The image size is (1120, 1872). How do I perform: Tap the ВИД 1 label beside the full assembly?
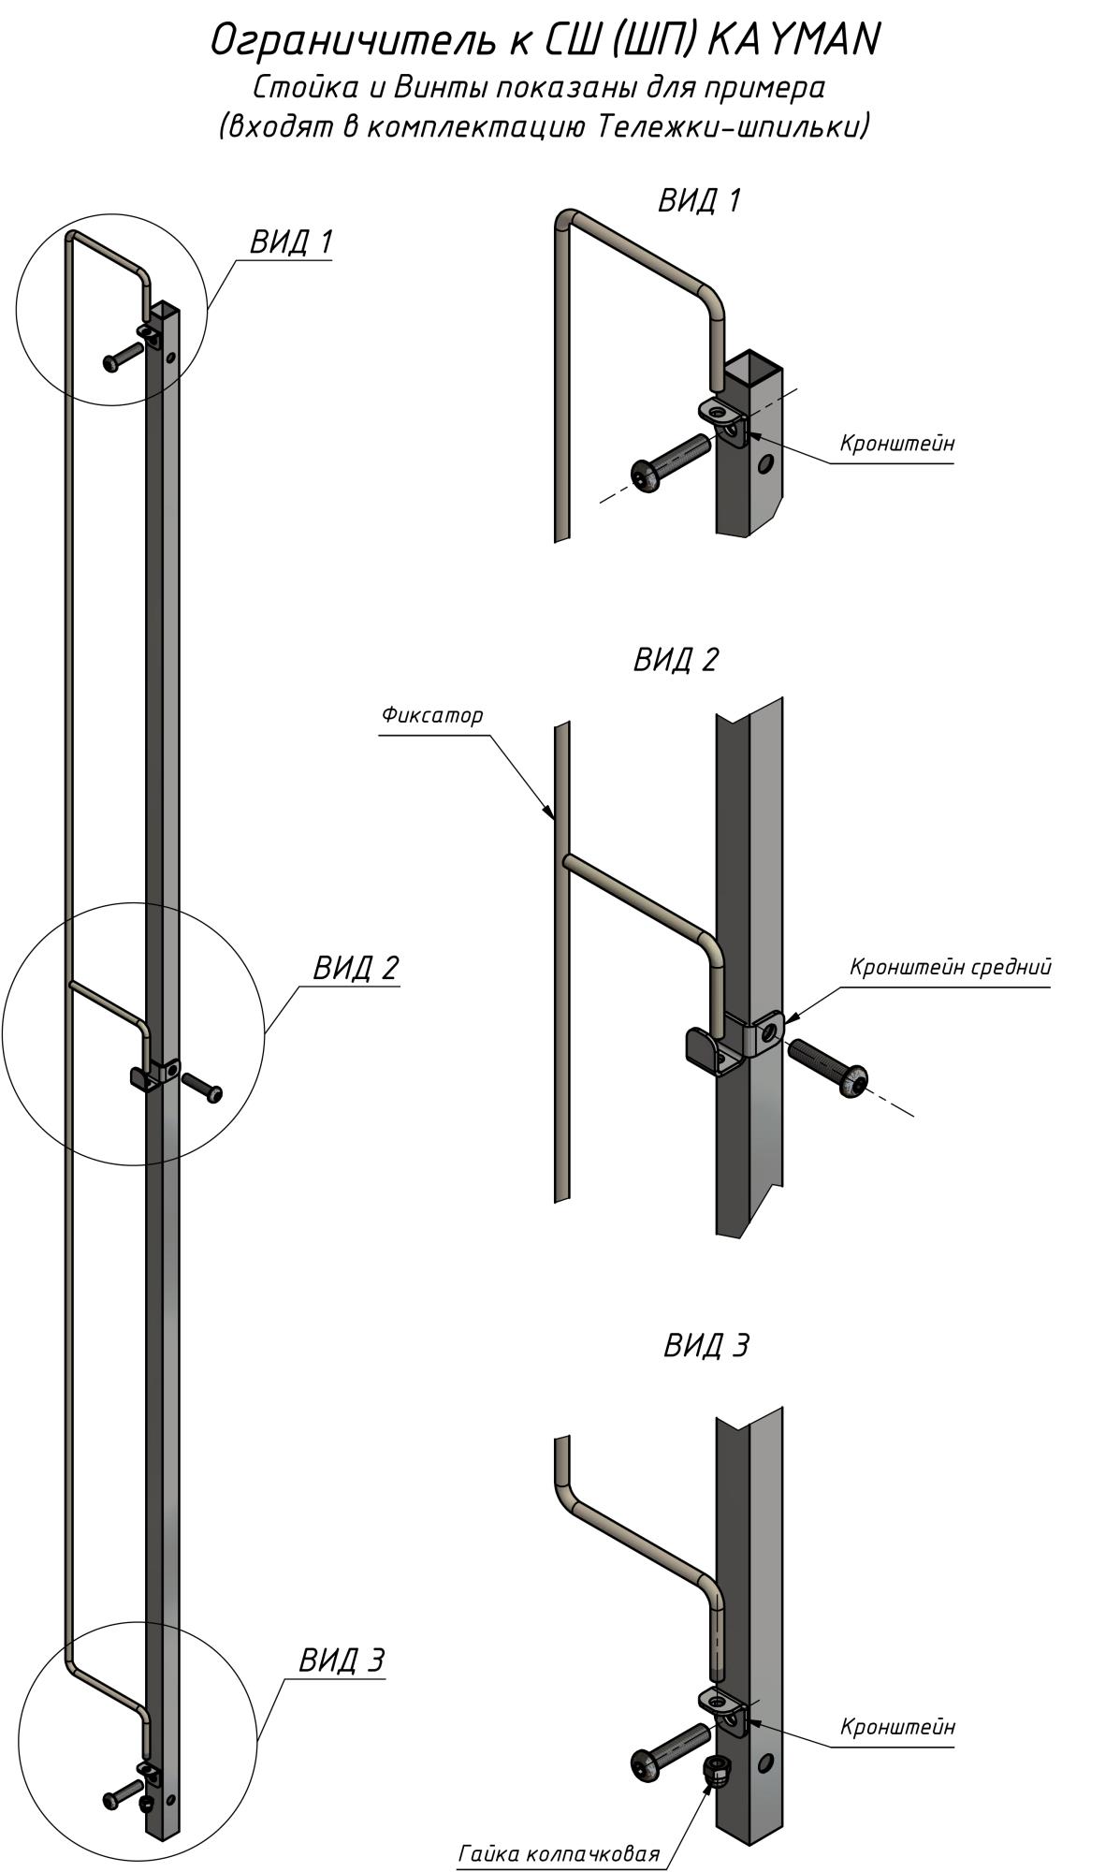pos(291,242)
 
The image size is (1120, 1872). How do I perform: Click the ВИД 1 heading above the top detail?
pos(699,200)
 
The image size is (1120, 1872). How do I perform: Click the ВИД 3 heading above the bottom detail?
pos(706,1346)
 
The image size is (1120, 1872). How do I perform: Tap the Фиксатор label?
pos(432,716)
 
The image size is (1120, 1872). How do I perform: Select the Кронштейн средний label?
pos(951,967)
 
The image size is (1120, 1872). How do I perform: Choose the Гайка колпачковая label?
pos(560,1854)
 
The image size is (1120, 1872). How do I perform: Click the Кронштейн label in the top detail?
pos(897,443)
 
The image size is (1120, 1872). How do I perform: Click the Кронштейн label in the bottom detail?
pos(897,1727)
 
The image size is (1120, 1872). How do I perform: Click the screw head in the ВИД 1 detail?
pos(645,475)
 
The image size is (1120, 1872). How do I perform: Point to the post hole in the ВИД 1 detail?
pos(766,462)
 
